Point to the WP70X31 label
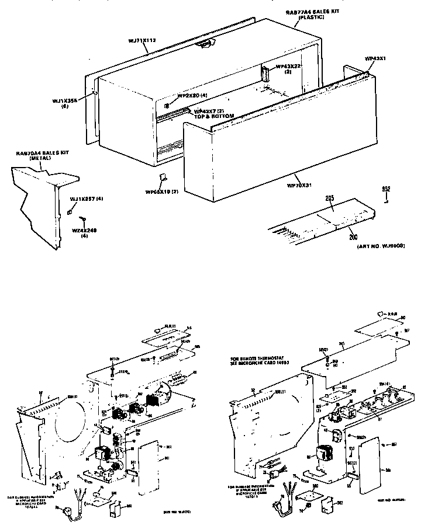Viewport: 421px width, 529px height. tap(299, 186)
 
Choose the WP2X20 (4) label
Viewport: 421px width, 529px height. tap(192, 95)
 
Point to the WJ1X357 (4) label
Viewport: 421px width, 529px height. tap(87, 200)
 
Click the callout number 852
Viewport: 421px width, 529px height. tap(385, 189)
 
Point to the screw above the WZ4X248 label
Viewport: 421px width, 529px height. tap(84, 218)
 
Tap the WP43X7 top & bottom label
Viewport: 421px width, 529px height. tap(214, 113)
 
